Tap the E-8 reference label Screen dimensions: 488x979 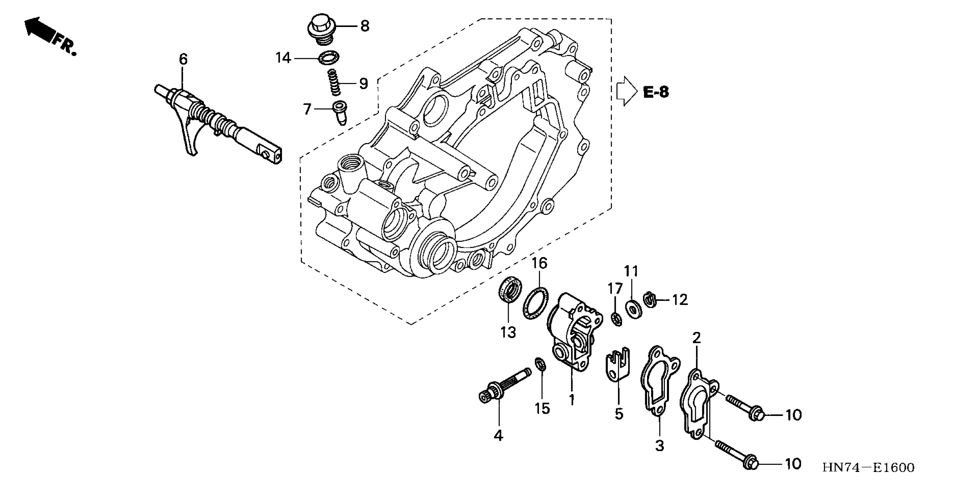[x=656, y=92]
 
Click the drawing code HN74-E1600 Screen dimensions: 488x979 [x=868, y=468]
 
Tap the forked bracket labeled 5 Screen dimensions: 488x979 [x=618, y=367]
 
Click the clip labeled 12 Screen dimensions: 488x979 [x=650, y=300]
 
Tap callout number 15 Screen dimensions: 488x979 [x=542, y=409]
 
